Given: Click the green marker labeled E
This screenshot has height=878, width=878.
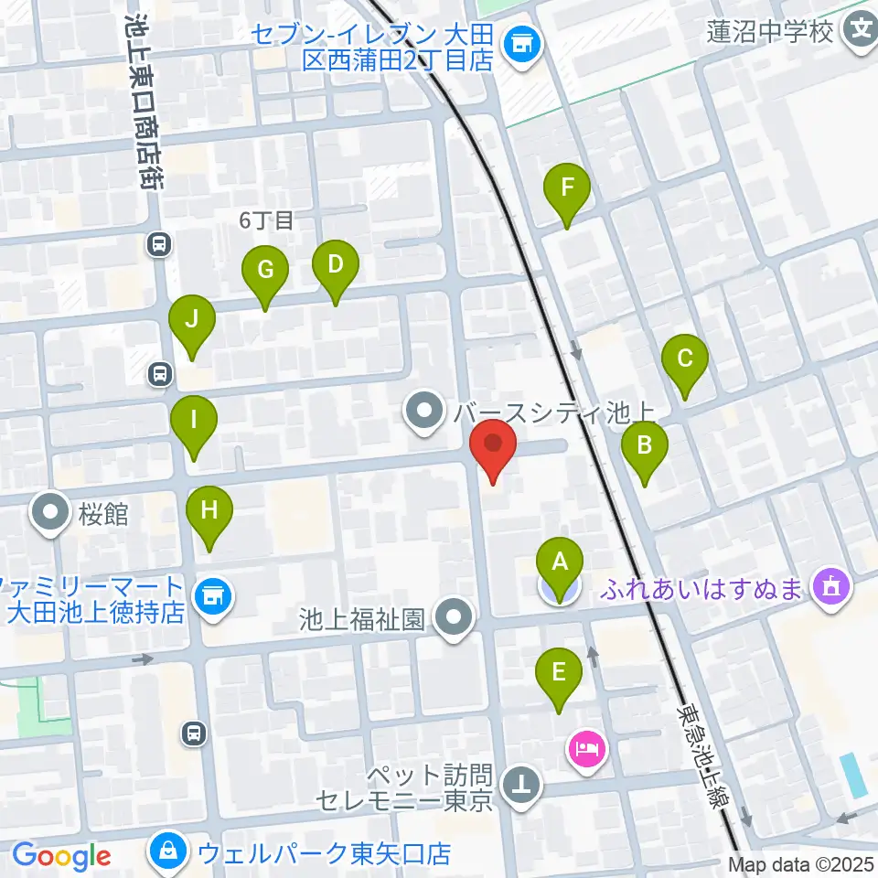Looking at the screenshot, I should tap(560, 675).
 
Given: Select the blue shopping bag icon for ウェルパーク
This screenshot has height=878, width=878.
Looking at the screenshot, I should tap(170, 851).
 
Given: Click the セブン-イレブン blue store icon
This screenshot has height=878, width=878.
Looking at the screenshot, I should tap(523, 42).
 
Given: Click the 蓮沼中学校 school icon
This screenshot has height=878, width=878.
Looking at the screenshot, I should tap(861, 32).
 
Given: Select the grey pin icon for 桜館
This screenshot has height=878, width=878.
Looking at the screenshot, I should tap(51, 513).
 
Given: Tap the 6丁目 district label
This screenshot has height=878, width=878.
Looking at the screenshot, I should tap(266, 219).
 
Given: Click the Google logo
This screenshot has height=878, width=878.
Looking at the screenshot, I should tap(62, 856).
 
